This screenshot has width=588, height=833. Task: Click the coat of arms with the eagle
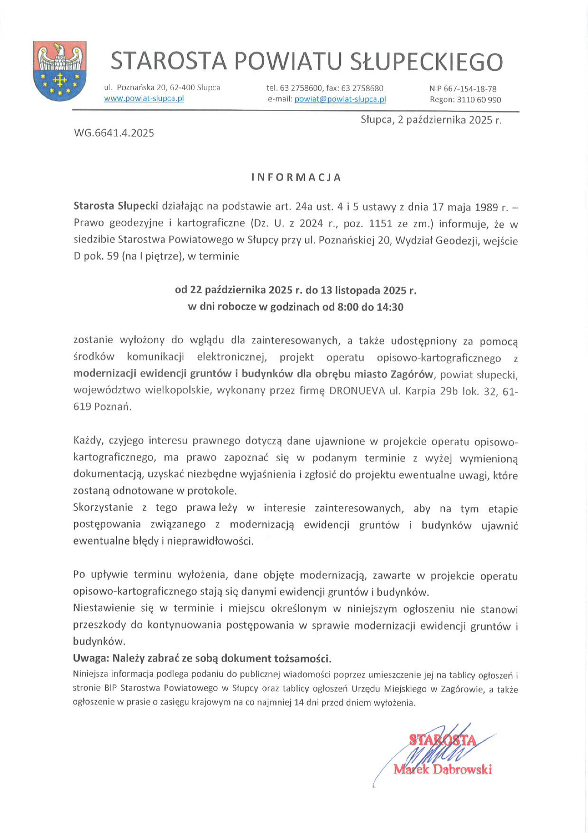coord(60,71)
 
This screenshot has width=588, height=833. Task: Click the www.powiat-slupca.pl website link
coord(144,98)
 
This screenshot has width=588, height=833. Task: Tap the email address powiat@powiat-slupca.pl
coord(340,99)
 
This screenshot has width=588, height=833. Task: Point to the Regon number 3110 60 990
coord(479,100)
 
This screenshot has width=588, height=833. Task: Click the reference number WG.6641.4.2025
coord(114,133)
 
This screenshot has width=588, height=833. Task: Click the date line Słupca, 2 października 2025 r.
coord(431,120)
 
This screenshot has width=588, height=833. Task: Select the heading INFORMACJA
coord(297,177)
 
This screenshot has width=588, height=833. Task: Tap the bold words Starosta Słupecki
coord(116,206)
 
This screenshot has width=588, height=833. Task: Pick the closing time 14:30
coord(390,308)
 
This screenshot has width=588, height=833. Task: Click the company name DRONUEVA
coord(357,391)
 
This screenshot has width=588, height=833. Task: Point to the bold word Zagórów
coord(412,374)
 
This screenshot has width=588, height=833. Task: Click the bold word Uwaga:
coord(91,658)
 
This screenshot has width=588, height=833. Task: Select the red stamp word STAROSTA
coord(442,740)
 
